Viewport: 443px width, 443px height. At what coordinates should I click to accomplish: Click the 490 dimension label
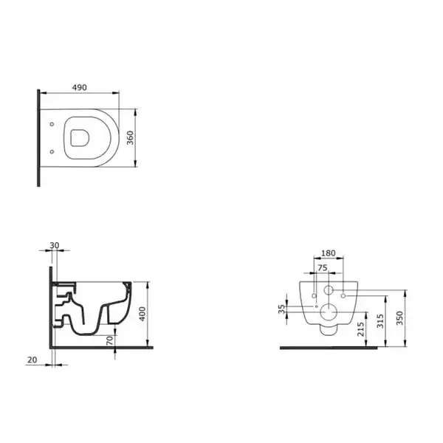[x=80, y=88]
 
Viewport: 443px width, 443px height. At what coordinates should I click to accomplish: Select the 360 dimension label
[x=130, y=138]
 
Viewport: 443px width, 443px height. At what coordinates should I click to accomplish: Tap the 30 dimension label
[x=55, y=245]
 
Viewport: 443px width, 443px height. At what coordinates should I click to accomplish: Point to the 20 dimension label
[x=32, y=360]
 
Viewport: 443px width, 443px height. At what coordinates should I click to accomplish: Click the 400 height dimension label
[x=142, y=314]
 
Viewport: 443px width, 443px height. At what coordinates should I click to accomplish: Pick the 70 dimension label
[x=109, y=340]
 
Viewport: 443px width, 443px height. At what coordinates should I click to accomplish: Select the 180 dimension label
[x=329, y=253]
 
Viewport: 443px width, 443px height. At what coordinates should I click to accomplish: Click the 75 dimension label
[x=323, y=267]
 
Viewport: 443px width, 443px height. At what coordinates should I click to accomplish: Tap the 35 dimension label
[x=282, y=309]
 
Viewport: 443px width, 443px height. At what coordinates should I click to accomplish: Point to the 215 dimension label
[x=361, y=329]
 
